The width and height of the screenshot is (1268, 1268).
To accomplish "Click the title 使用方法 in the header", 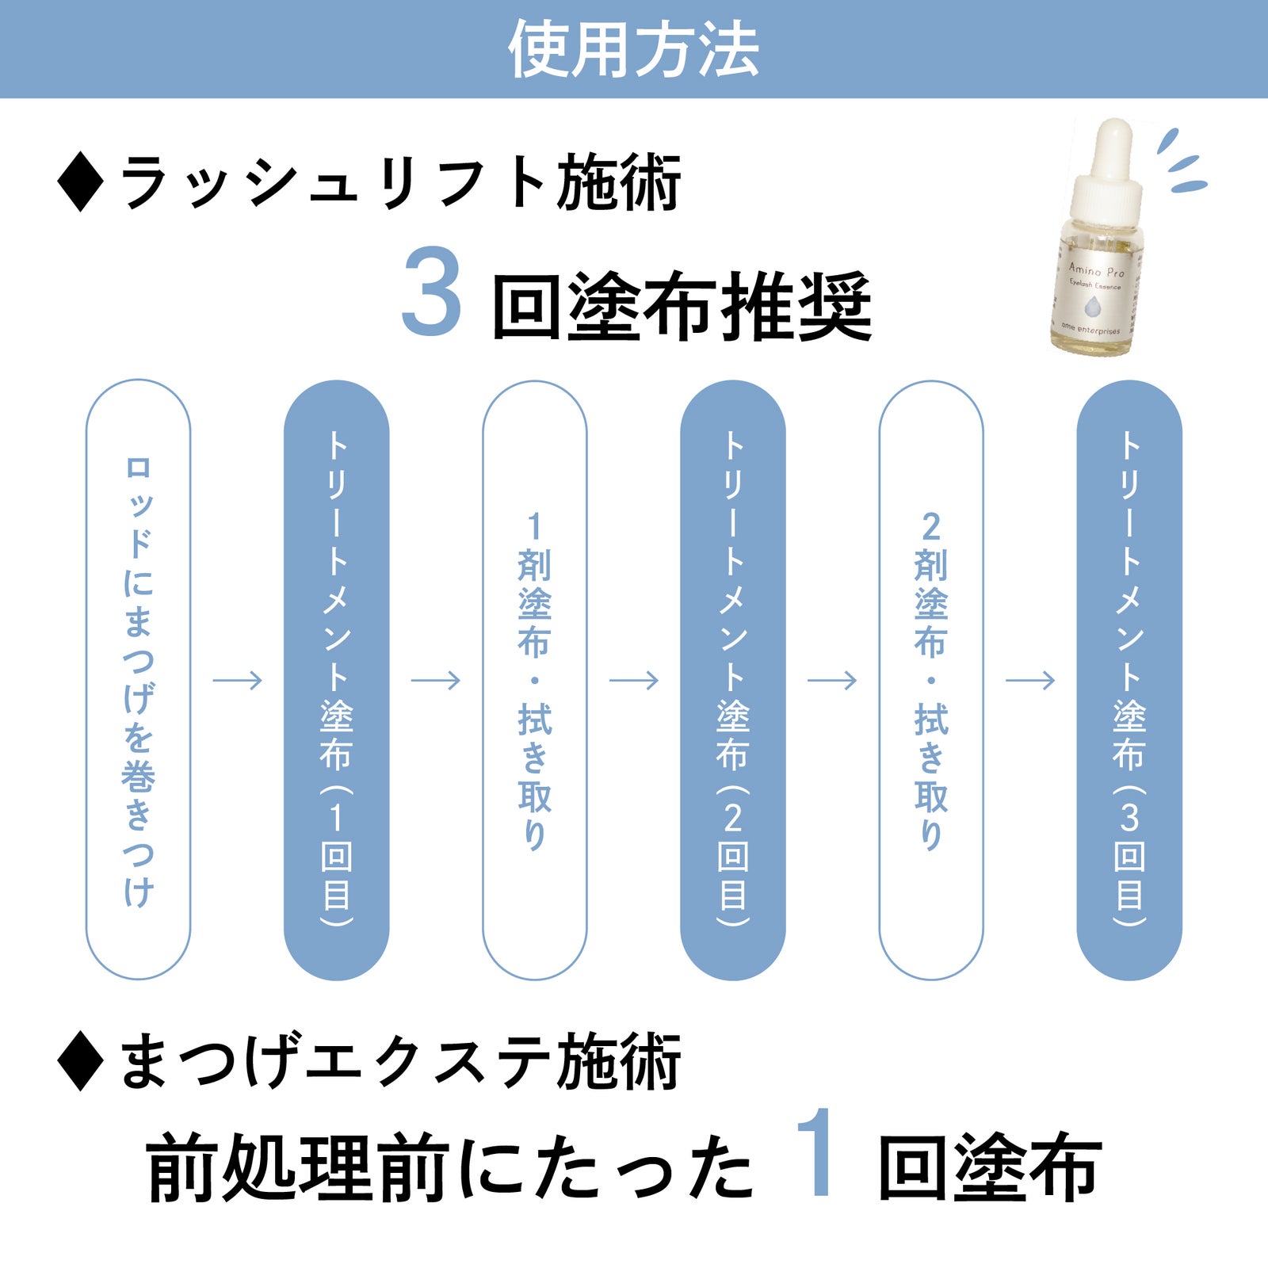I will click(633, 49).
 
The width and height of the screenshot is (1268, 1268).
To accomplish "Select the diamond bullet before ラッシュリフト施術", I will click(80, 183).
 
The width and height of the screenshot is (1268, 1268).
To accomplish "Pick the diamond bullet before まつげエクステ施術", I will click(80, 1062).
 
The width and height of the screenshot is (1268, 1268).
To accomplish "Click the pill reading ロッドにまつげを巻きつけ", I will click(138, 679).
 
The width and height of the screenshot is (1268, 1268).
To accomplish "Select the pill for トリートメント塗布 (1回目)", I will click(336, 679).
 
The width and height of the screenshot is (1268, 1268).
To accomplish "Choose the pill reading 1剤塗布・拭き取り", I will click(534, 679).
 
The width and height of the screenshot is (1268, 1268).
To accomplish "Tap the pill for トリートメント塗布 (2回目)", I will click(732, 679).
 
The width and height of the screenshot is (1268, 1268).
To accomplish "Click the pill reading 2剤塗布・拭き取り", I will click(930, 679).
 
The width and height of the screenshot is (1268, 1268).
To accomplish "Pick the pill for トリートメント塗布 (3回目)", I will click(1129, 679).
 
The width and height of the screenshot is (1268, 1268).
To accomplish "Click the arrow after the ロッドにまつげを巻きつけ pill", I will click(237, 680).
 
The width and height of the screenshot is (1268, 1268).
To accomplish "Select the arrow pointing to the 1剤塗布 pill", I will click(435, 680).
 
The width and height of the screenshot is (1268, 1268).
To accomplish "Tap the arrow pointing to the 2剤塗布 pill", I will click(831, 680).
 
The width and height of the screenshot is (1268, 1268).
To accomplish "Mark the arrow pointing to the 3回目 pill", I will click(1029, 680).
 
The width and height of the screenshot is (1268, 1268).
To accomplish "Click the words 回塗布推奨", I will click(682, 307).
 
